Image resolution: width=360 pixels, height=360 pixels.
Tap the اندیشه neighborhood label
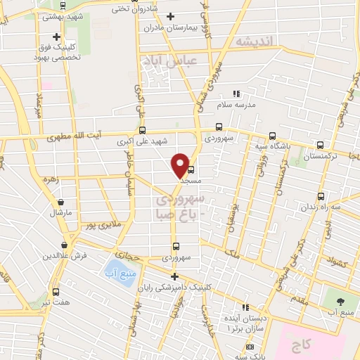tap(253, 42)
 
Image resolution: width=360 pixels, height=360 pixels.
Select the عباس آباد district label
tap(168, 61)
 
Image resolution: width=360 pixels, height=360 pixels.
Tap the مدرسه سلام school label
tap(233, 105)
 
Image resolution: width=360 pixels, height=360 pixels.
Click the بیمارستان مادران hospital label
tap(164, 28)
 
